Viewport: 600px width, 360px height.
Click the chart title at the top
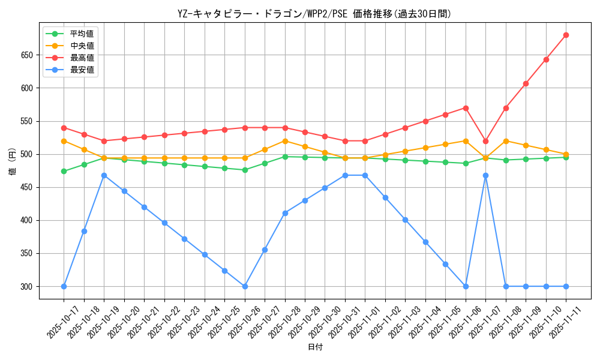[x=314, y=14]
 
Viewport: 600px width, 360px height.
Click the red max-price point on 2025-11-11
[x=566, y=35]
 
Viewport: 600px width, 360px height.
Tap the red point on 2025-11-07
[x=485, y=141]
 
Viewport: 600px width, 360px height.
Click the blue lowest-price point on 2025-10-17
[x=64, y=286]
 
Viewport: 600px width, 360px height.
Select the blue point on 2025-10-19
[x=104, y=175]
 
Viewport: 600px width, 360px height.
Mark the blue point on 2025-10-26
[x=245, y=286]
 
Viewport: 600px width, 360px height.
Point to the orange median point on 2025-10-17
[x=64, y=141]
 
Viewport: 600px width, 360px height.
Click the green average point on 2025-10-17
[x=64, y=171]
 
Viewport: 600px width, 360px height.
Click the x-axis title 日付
[x=314, y=347]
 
